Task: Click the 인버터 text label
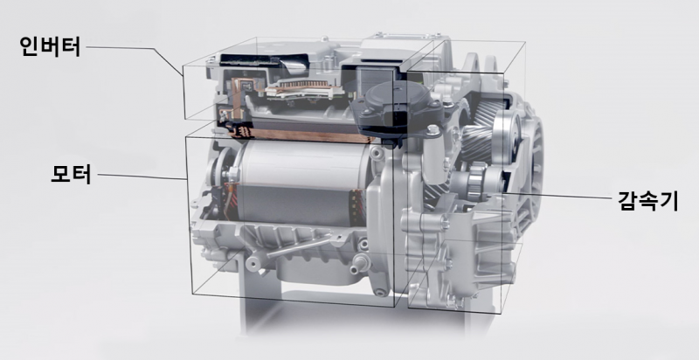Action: [50, 46]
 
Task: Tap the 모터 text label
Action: [71, 174]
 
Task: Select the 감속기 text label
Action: [647, 200]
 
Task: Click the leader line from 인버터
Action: [135, 58]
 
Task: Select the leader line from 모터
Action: [142, 177]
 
